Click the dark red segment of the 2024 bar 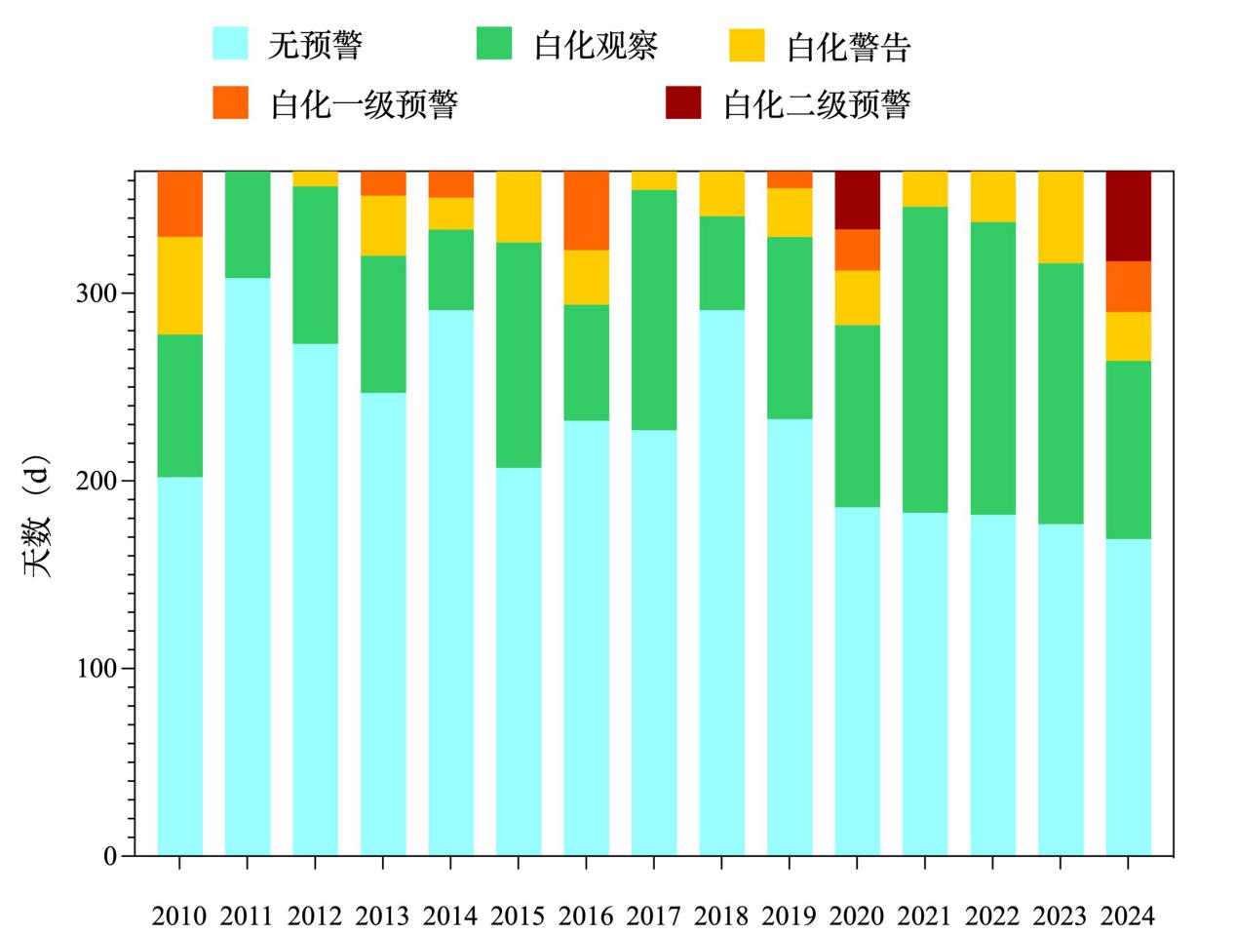(1128, 215)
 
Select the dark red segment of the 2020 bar (857, 200)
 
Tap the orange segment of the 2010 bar (179, 204)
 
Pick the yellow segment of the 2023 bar (1060, 216)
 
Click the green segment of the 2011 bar (248, 224)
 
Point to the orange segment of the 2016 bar (586, 211)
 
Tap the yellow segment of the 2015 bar (519, 207)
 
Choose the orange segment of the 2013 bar (383, 183)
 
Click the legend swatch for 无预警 (230, 45)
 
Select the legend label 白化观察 (596, 46)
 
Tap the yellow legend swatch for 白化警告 (746, 46)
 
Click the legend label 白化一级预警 (364, 103)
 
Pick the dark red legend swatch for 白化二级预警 (682, 103)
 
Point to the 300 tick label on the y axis (96, 293)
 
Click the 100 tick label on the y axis (96, 669)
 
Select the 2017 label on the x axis (653, 916)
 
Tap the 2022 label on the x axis (991, 916)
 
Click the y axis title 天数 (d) (37, 516)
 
